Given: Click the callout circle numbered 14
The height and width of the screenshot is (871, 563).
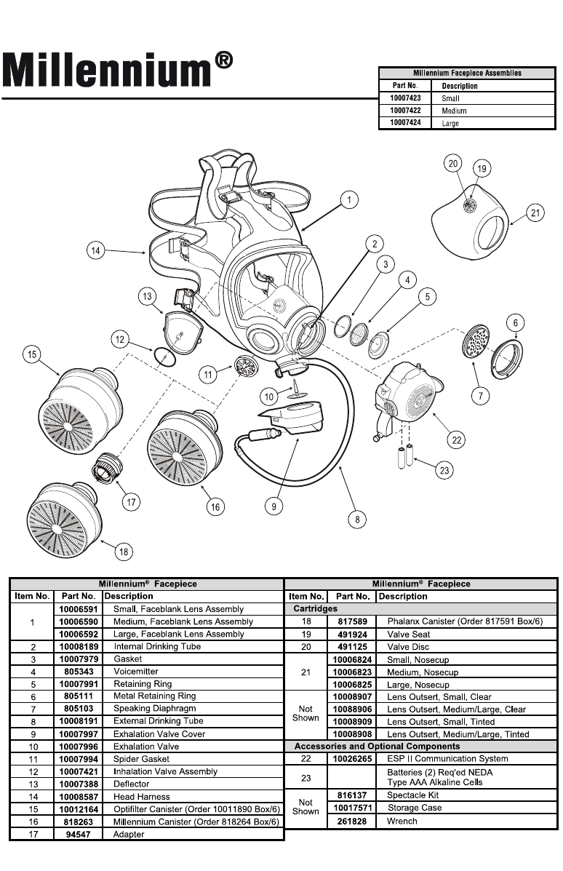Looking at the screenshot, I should [95, 251].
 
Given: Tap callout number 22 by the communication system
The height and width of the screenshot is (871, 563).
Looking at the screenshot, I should [458, 440].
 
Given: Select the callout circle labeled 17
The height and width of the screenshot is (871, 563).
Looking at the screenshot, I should [132, 501].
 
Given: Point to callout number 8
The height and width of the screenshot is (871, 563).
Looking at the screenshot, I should [357, 520].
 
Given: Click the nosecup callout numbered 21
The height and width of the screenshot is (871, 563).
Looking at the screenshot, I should [535, 213].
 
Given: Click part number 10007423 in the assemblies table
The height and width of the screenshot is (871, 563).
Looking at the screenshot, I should [405, 98].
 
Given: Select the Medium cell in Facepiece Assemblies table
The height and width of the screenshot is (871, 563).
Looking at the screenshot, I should [455, 111].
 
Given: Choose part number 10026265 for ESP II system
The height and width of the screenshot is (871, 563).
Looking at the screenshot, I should [353, 759].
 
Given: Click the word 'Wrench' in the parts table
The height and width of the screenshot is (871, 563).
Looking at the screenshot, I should [402, 822].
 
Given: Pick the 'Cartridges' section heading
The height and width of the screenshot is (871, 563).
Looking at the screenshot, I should [315, 608].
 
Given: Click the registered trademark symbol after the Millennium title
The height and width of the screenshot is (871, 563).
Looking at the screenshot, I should [224, 60].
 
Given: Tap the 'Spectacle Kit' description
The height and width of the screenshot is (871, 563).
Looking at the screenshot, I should [412, 795].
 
